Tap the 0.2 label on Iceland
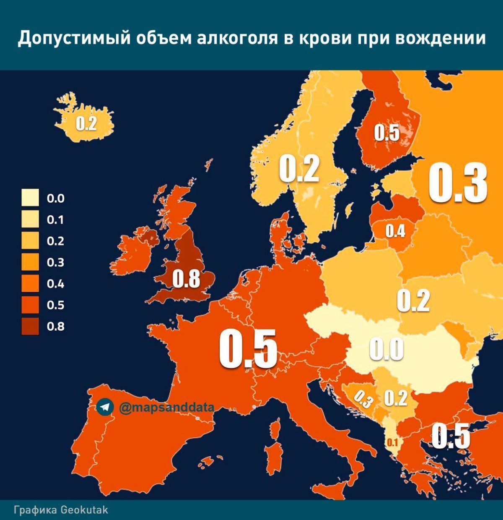(x=86, y=124)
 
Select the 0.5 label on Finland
(x=386, y=133)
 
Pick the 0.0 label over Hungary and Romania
(x=386, y=349)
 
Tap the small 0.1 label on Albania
(x=392, y=442)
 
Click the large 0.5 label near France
(x=248, y=349)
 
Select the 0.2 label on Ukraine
(x=413, y=301)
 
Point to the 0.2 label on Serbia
(x=396, y=398)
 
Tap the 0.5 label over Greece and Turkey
(x=451, y=436)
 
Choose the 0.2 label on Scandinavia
(x=299, y=169)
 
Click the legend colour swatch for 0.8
(x=30, y=326)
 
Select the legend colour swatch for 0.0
(x=30, y=198)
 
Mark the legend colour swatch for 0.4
(x=30, y=283)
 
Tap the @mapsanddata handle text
(x=167, y=407)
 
